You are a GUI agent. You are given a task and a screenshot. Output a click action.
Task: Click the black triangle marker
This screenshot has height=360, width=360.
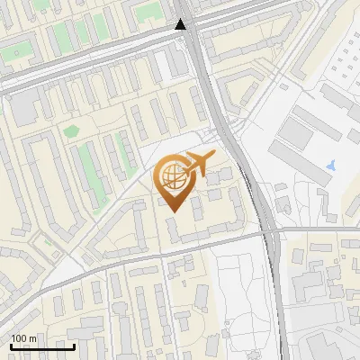[182, 24]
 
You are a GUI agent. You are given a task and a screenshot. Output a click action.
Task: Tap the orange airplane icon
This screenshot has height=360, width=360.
[199, 164]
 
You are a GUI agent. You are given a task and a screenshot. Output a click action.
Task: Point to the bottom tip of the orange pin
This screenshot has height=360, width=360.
[173, 211]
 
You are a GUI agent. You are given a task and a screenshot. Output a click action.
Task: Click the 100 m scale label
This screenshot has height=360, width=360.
[23, 338]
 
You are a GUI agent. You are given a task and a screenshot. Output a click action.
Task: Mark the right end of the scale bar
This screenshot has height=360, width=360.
[75, 346]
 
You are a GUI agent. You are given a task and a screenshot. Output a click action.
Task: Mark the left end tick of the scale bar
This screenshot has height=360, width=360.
[11, 346]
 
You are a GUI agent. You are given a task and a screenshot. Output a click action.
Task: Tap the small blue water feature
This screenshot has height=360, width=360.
[331, 166]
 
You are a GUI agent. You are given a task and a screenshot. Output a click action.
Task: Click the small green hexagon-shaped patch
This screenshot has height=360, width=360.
[71, 131]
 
